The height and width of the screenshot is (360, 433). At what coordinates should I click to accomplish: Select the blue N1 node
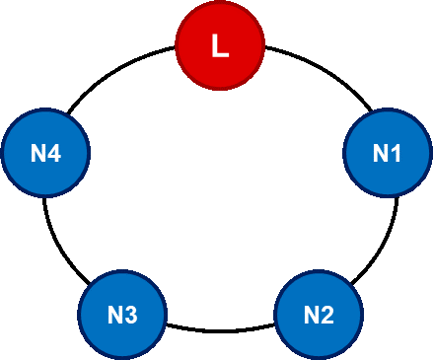coord(387,153)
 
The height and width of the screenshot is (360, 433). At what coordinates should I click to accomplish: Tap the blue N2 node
coord(318,315)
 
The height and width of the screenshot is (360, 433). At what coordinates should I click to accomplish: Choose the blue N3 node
coord(121,315)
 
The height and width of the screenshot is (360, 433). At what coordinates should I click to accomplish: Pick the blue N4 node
coord(45,153)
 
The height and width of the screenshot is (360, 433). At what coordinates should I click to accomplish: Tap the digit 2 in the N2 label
coord(326,316)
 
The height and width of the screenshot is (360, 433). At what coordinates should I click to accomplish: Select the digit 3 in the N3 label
coord(130,316)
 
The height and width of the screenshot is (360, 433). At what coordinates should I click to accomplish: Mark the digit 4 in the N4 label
coord(54,154)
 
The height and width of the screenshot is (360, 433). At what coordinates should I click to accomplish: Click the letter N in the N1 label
coord(380,153)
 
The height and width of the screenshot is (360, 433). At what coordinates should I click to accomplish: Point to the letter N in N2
coord(311,316)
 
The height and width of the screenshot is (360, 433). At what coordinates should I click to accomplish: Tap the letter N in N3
coord(114,316)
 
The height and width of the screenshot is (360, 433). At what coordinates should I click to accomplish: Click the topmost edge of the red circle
coord(220,3)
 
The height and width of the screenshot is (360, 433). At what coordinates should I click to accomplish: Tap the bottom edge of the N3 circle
coord(121,358)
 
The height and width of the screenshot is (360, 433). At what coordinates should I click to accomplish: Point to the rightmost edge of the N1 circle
coord(430,153)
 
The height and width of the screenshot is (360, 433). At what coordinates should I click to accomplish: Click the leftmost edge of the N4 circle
coord(2,153)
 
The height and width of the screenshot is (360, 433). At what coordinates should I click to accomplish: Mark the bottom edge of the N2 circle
coord(318,358)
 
